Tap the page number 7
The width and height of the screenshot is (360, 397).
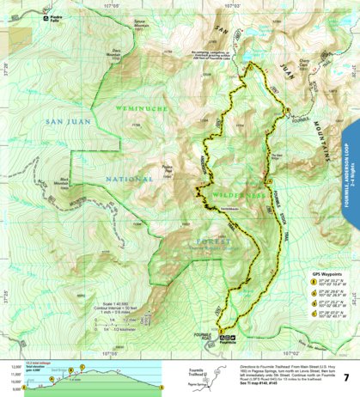click(345, 377)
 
